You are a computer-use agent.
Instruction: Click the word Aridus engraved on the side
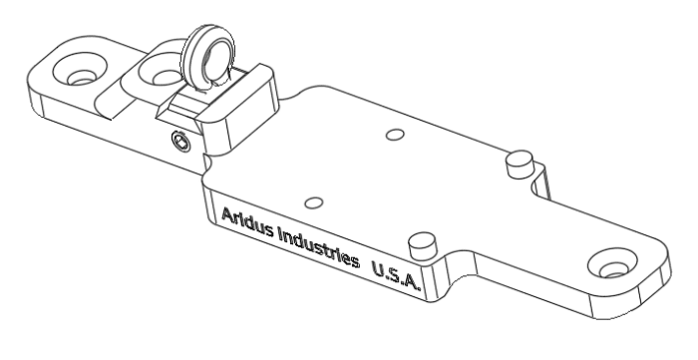tap(246, 221)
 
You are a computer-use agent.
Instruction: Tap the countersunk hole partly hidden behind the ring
tap(160, 72)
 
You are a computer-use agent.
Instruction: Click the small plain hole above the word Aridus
tap(315, 200)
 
